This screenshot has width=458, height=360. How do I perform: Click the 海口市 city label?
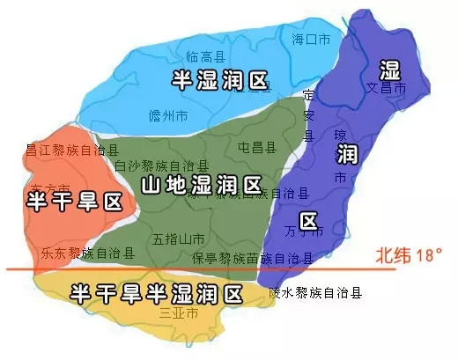312,38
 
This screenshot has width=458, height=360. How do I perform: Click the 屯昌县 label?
257,145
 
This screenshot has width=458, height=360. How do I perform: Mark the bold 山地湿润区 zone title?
201,186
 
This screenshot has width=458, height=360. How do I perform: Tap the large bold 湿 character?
389,70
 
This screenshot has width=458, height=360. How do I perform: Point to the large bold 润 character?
346,155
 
